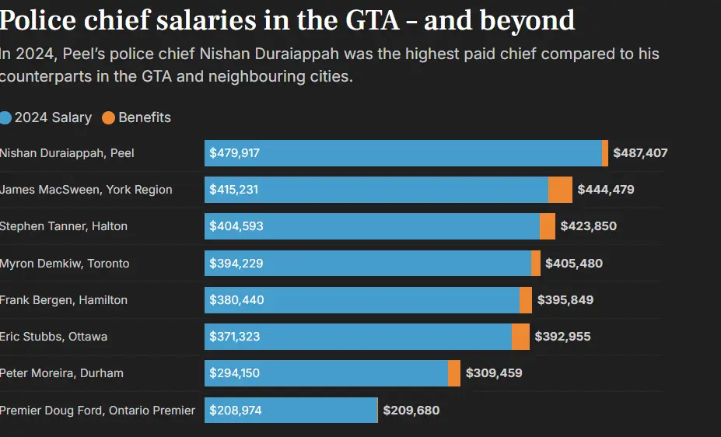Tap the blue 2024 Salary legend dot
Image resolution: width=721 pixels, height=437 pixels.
click(6, 118)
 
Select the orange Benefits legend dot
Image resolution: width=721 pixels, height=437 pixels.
click(109, 118)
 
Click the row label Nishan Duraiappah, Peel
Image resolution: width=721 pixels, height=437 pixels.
click(67, 153)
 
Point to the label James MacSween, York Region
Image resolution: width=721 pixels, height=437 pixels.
click(86, 190)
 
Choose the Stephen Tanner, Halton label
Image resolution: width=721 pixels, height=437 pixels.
click(64, 226)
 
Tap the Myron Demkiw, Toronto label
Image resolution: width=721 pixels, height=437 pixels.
click(65, 264)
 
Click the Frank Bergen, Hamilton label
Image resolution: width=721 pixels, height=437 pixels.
click(64, 300)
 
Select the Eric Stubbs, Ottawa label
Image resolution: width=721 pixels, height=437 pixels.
click(54, 337)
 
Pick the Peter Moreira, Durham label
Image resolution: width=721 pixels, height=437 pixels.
click(61, 373)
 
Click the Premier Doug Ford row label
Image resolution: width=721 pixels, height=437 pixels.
click(97, 410)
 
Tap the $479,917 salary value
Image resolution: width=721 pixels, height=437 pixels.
click(234, 153)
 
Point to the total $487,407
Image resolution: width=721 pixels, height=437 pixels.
click(640, 153)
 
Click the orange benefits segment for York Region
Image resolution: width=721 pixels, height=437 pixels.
click(560, 190)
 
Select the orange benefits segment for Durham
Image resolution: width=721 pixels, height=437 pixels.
click(454, 373)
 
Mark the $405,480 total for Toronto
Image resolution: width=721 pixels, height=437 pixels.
click(574, 264)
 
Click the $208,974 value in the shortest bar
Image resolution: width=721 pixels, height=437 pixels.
click(234, 410)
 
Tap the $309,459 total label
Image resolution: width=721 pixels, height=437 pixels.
click(494, 373)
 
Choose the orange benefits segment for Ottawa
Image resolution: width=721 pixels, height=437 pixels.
click(520, 337)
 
